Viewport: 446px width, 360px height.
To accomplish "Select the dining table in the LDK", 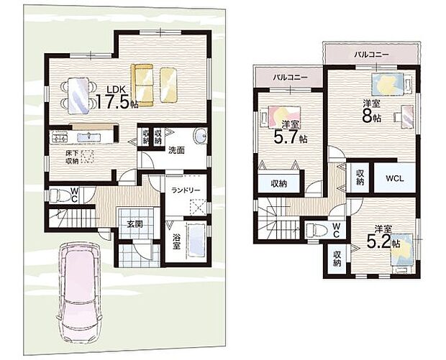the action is click(78, 96).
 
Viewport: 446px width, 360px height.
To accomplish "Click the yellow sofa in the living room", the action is click(142, 85).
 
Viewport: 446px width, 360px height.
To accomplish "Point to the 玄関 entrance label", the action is click(135, 224).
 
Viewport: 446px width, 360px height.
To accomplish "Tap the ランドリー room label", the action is click(186, 190).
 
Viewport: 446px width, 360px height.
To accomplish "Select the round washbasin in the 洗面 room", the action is click(201, 136).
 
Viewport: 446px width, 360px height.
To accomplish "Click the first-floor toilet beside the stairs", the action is click(60, 195).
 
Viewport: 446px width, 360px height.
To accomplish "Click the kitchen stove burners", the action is click(60, 138).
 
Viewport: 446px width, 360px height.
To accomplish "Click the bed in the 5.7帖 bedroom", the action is click(281, 116).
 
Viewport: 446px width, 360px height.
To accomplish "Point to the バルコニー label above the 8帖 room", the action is click(371, 55).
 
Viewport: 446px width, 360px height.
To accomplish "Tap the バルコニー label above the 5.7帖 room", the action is click(290, 77).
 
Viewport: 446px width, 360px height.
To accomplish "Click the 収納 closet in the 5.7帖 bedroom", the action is click(279, 183).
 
